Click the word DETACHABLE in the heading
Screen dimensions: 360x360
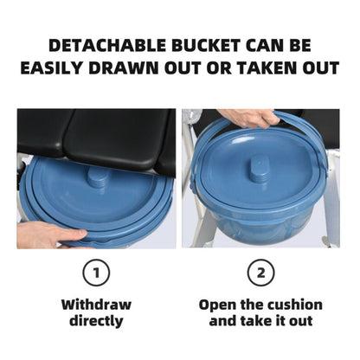108,45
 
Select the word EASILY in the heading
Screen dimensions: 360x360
52,68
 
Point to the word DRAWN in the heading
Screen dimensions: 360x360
124,68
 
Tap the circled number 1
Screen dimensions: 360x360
96,273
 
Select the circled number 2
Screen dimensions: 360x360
261,273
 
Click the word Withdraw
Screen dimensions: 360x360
96,305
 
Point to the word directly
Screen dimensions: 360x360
96,321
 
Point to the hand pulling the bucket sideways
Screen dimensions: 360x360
49,234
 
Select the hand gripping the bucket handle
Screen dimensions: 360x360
249,118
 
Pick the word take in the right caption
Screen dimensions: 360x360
253,321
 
